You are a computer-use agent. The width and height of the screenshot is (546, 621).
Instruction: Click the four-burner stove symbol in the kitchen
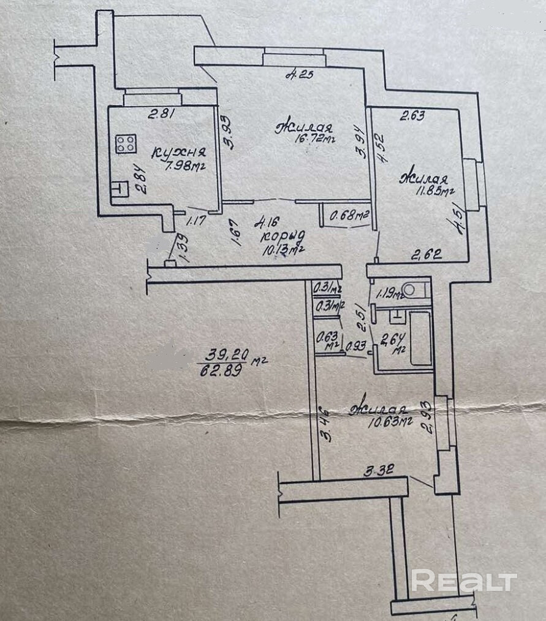(x=126, y=144)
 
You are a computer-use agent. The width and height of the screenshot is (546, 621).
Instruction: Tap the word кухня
(x=178, y=153)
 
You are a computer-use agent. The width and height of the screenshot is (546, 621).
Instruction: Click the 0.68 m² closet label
(x=347, y=215)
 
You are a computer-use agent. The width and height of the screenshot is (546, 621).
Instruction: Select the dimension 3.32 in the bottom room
(x=377, y=471)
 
